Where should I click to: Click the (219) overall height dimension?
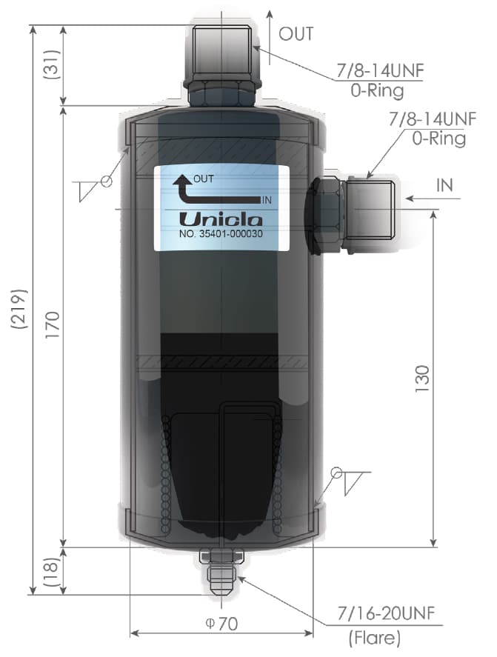(x=20, y=309)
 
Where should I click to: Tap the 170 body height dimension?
(x=53, y=324)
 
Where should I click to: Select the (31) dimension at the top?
(x=52, y=64)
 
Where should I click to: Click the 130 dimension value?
(x=422, y=378)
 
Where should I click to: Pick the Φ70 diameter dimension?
(x=221, y=624)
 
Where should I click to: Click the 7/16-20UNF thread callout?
(x=387, y=613)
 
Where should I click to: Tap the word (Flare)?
(x=374, y=638)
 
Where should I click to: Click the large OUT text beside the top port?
(x=296, y=34)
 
